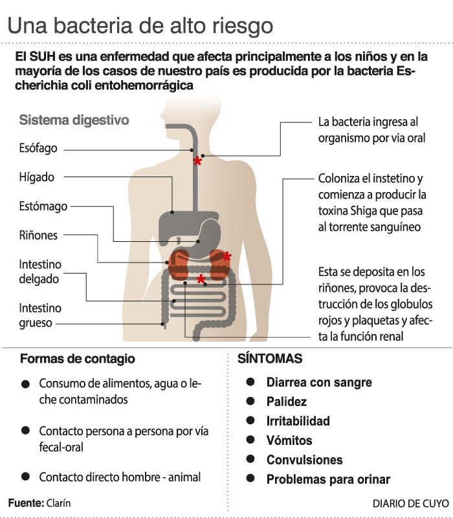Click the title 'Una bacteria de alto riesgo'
pyautogui.click(x=140, y=26)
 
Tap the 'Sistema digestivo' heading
pyautogui.click(x=74, y=120)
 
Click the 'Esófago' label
pyautogui.click(x=38, y=148)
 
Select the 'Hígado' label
pyautogui.click(x=37, y=177)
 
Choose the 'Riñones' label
pyautogui.click(x=38, y=235)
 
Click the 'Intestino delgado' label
pyautogui.click(x=39, y=272)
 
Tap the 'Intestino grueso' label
pyautogui.click(x=39, y=315)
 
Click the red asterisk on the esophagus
pyautogui.click(x=197, y=160)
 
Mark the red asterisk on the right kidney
pyautogui.click(x=226, y=257)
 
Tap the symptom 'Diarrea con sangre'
pyautogui.click(x=319, y=382)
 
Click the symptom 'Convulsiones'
pyautogui.click(x=304, y=460)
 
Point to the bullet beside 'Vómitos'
pyautogui.click(x=251, y=440)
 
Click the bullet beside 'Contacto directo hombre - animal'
pyautogui.click(x=25, y=477)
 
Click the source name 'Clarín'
pyautogui.click(x=59, y=502)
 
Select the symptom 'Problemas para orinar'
pyautogui.click(x=328, y=479)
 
